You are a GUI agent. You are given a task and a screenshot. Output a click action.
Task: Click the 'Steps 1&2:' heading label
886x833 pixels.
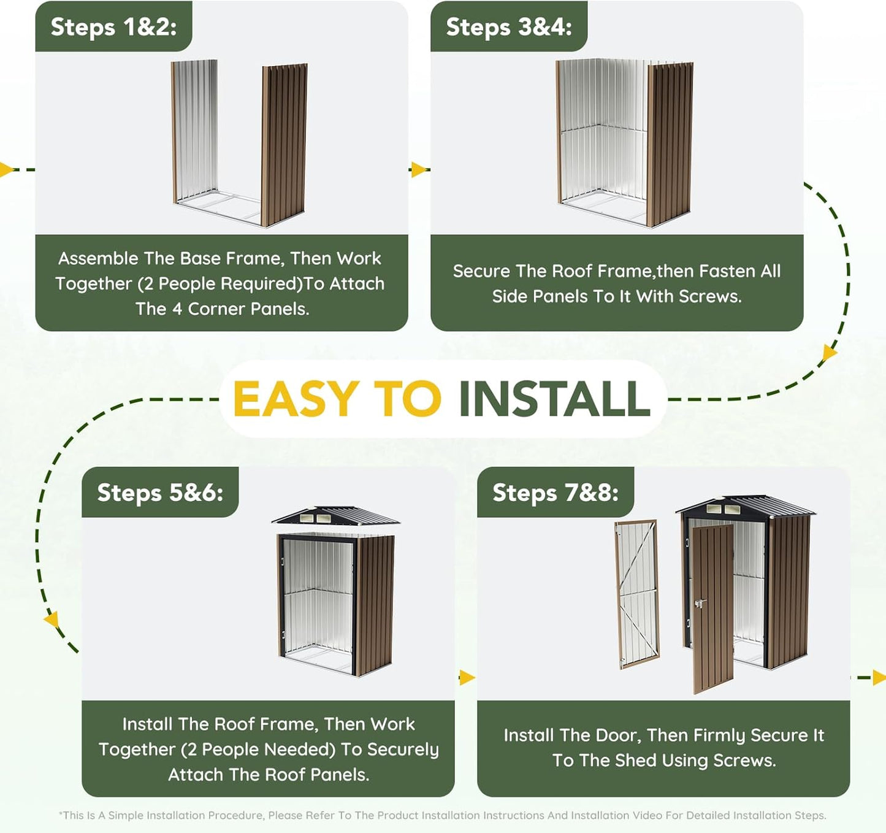114,27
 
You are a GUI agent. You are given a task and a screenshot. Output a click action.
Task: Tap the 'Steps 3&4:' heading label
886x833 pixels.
509,27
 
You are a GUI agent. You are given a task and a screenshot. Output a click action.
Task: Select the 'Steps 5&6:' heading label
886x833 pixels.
160,493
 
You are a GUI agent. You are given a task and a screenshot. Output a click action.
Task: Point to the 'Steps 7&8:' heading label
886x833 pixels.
556,493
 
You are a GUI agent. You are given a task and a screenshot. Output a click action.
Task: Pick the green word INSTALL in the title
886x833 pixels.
554,399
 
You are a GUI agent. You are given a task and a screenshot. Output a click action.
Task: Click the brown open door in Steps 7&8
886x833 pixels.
712,609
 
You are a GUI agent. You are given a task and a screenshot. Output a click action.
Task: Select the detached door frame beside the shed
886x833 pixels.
637,594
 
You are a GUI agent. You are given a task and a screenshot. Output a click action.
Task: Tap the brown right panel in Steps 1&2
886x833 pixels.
284,145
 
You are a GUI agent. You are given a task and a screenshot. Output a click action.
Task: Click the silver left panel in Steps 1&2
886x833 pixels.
194,132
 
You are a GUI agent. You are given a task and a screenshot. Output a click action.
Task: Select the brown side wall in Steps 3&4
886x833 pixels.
670,145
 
